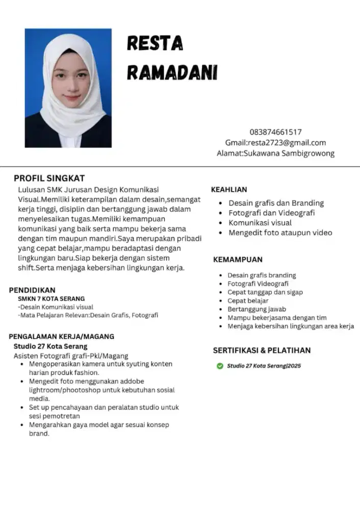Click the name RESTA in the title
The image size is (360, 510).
pyautogui.click(x=155, y=44)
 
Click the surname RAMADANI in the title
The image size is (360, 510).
pyautogui.click(x=172, y=72)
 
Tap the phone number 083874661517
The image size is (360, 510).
pyautogui.click(x=275, y=132)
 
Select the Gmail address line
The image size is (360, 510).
pyautogui.click(x=275, y=142)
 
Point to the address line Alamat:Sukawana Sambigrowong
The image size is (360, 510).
pyautogui.click(x=275, y=153)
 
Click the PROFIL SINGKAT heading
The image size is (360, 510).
pyautogui.click(x=49, y=178)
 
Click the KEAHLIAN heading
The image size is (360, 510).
pyautogui.click(x=229, y=189)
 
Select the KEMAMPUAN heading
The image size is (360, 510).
pyautogui.click(x=238, y=260)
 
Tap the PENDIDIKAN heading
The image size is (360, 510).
pyautogui.click(x=32, y=290)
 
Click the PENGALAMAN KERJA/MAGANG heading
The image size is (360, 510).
pyautogui.click(x=61, y=337)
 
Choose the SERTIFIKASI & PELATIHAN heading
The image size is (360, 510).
pyautogui.click(x=262, y=350)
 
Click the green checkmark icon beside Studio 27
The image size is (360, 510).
pyautogui.click(x=220, y=366)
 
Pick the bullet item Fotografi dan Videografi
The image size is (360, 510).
pyautogui.click(x=271, y=213)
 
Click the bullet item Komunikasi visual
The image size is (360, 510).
pyautogui.click(x=260, y=223)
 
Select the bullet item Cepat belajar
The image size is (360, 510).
pyautogui.click(x=248, y=301)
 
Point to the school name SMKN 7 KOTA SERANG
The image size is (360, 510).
pyautogui.click(x=51, y=299)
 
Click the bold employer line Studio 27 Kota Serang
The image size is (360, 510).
pyautogui.click(x=50, y=346)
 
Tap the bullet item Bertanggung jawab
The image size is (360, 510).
pyautogui.click(x=256, y=309)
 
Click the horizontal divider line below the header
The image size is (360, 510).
pyautogui.click(x=180, y=167)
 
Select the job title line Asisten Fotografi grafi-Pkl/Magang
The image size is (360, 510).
pyautogui.click(x=70, y=355)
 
